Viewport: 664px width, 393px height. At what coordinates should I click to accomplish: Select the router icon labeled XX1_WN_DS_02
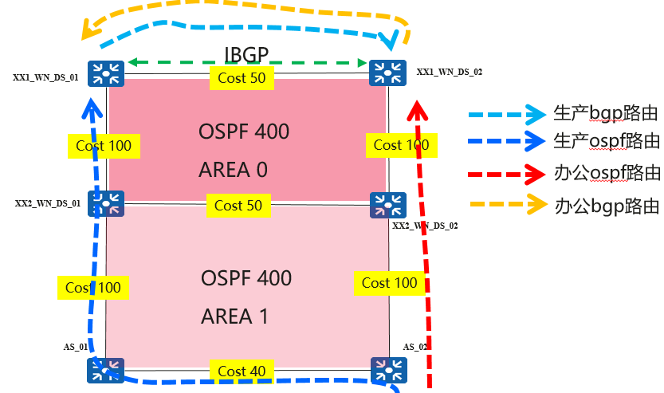tap(388, 75)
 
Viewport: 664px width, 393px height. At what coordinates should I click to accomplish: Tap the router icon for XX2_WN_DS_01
tap(106, 204)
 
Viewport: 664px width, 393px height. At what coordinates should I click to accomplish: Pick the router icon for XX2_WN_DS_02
tap(388, 204)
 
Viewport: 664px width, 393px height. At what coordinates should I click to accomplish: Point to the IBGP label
tap(247, 56)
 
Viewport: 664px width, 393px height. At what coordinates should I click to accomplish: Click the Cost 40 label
tap(242, 371)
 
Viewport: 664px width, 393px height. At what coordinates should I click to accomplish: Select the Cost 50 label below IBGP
tap(242, 78)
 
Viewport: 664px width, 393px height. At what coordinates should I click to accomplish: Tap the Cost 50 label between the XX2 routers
tap(238, 206)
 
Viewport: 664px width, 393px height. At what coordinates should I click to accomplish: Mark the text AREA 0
tap(233, 170)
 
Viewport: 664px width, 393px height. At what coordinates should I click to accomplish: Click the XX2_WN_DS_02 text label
tap(425, 226)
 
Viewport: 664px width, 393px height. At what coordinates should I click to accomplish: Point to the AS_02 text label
tap(415, 347)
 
